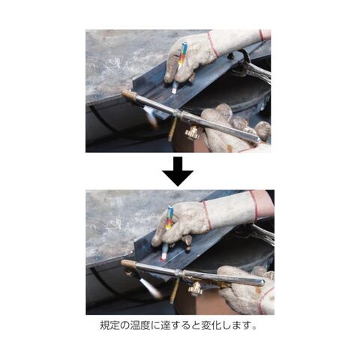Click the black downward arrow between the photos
point(178,172)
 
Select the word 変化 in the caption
point(212,325)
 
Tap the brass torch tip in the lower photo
point(128,263)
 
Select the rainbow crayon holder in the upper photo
point(181,55)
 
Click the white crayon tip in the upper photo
point(174,89)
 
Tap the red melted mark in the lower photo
point(163,259)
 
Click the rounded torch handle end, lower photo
point(260,282)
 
